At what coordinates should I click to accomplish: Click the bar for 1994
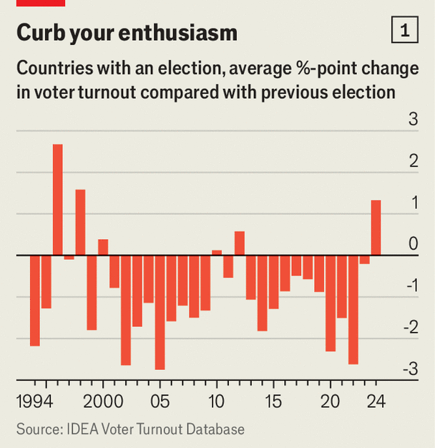[34, 301]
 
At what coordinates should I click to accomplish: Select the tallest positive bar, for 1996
[57, 200]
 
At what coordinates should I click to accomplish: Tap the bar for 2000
[103, 248]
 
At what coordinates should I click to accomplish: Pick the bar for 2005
[160, 312]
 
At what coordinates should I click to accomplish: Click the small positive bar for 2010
[217, 253]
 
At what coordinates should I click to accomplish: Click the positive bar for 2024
[376, 228]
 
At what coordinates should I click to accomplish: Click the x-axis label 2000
[103, 401]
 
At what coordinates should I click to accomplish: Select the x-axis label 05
[160, 401]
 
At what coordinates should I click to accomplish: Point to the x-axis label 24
[376, 401]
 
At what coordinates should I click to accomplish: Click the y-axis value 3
[413, 120]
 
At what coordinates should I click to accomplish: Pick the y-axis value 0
[413, 244]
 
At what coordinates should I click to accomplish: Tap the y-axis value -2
[410, 327]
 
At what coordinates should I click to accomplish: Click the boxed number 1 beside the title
[406, 31]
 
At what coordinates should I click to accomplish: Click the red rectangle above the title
[41, 3]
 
